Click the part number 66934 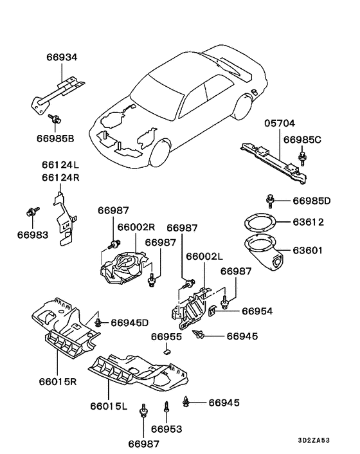pyautogui.click(x=62, y=57)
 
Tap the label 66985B pyautogui.click(x=55, y=138)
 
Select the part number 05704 pyautogui.click(x=280, y=123)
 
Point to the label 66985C pyautogui.click(x=302, y=140)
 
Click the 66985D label pyautogui.click(x=312, y=201)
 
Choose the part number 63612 pyautogui.click(x=308, y=222)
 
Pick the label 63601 pyautogui.click(x=307, y=250)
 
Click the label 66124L pyautogui.click(x=60, y=165)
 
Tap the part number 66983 pyautogui.click(x=33, y=235)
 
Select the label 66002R pyautogui.click(x=136, y=227)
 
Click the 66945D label pyautogui.click(x=130, y=323)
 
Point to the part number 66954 pyautogui.click(x=257, y=311)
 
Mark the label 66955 pyautogui.click(x=166, y=337)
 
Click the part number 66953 pyautogui.click(x=166, y=429)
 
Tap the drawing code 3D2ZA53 pyautogui.click(x=314, y=440)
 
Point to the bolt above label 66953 pyautogui.click(x=166, y=407)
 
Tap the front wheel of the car pyautogui.click(x=159, y=153)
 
